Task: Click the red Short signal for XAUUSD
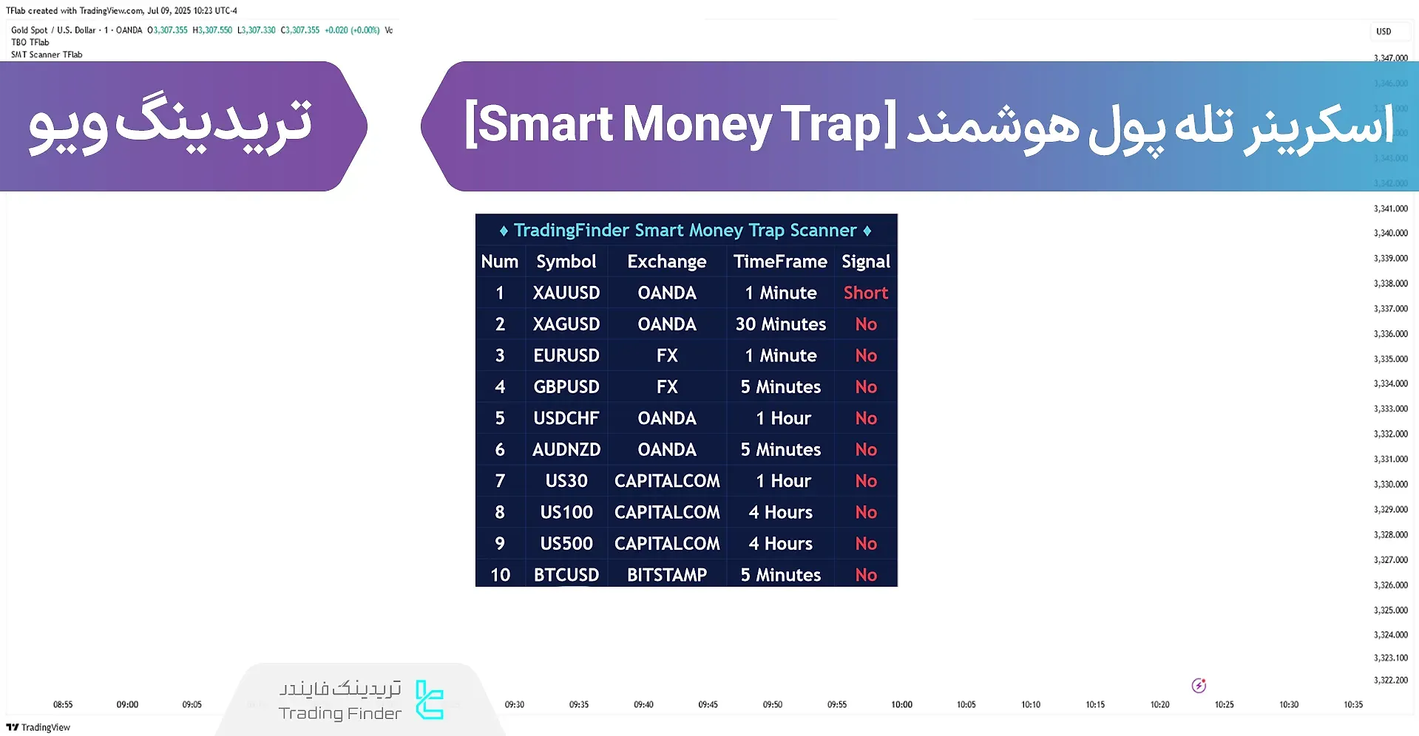pos(865,293)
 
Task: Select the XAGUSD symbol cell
pos(566,324)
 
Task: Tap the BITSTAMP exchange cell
pos(666,575)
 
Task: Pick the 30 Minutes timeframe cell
pos(780,324)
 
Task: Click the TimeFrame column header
pos(780,262)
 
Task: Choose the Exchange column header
pos(666,262)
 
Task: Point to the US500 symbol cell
pos(566,544)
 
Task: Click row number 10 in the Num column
pos(500,575)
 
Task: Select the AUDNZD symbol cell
pos(566,450)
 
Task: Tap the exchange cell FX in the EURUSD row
pos(666,355)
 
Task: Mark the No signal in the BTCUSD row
pos(865,575)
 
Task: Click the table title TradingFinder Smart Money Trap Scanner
pos(685,231)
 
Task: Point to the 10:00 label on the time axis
pos(901,705)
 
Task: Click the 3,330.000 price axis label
pos(1390,485)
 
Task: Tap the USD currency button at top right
pos(1384,32)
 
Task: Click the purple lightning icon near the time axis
pos(1199,686)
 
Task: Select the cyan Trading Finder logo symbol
pos(429,700)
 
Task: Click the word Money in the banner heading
pos(697,124)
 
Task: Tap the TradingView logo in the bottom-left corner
pos(38,727)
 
